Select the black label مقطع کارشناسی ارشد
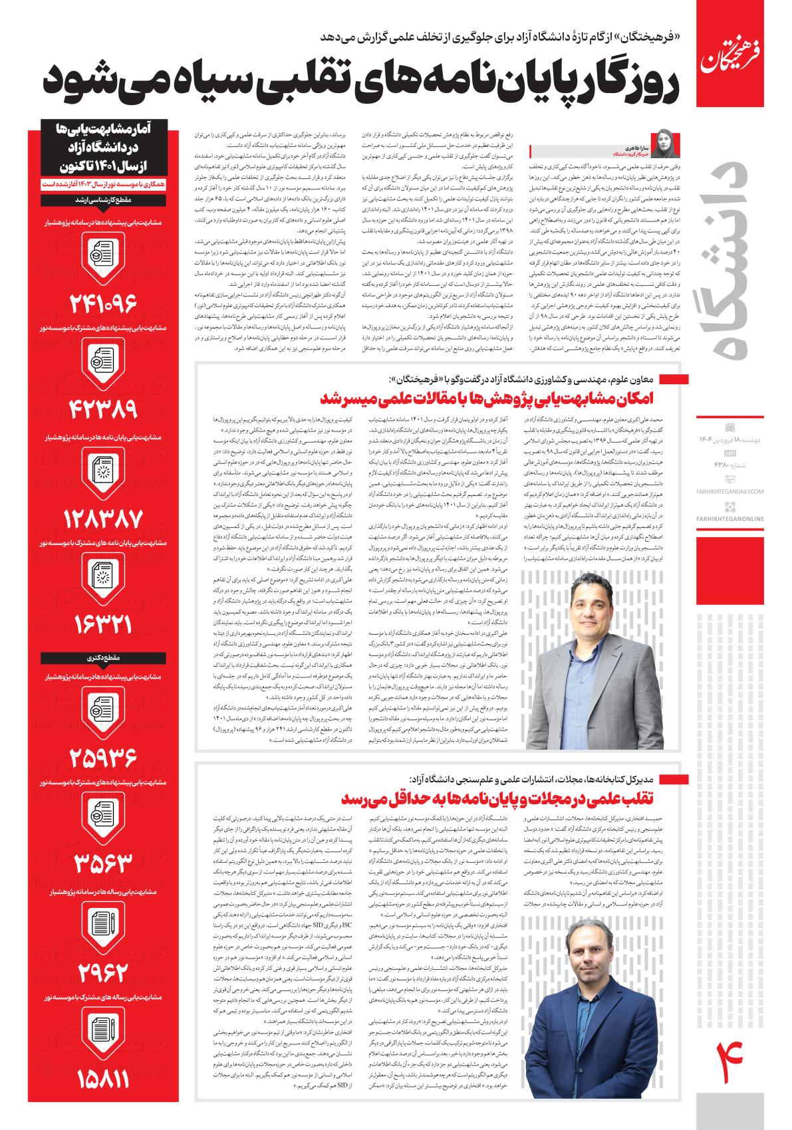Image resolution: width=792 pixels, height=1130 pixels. [x=101, y=199]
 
